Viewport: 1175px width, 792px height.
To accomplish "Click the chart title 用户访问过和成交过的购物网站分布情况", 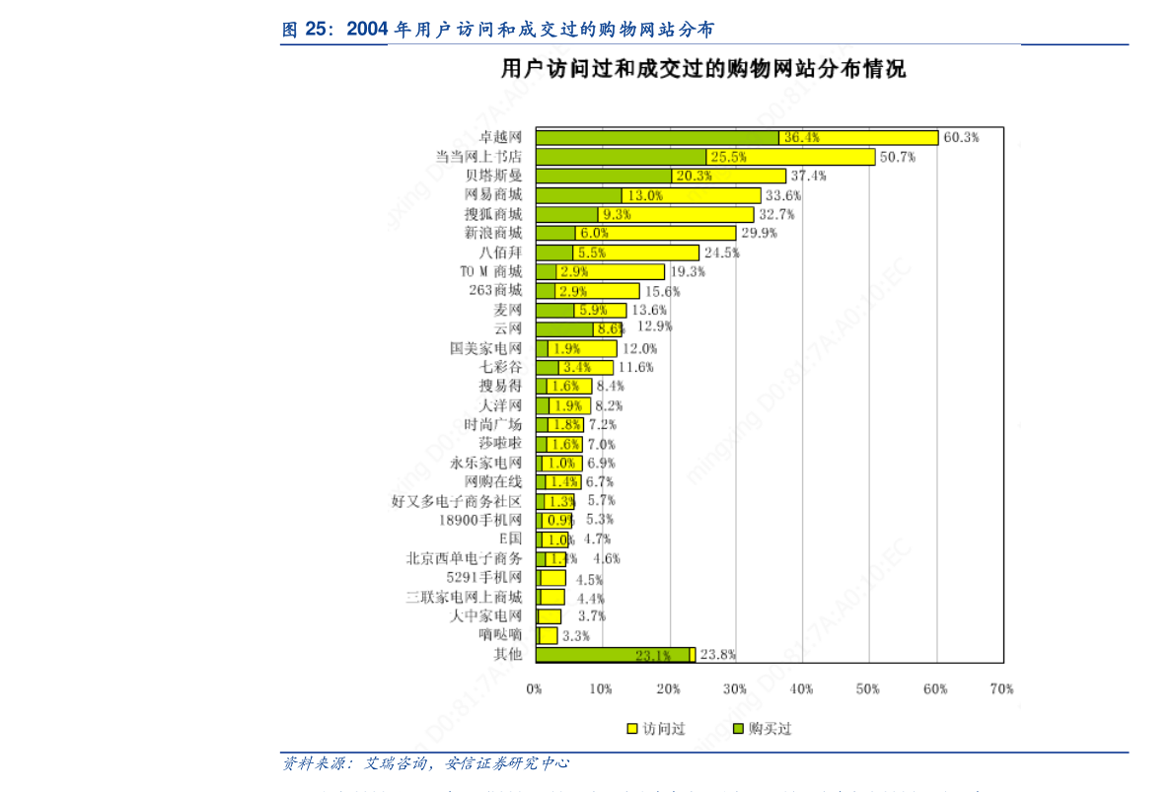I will (703, 70).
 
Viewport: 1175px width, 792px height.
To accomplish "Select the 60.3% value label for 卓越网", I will (961, 138).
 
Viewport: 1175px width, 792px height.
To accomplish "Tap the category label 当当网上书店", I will (478, 157).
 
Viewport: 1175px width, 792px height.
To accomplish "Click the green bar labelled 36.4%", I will (656, 138).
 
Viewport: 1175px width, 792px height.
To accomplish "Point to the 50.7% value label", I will (897, 157).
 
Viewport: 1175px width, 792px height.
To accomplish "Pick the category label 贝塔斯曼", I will (493, 176).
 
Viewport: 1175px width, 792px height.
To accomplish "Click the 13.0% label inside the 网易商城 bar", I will (645, 195).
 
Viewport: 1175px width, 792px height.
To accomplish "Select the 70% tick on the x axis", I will (1002, 688).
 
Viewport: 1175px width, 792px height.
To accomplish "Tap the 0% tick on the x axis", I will (534, 688).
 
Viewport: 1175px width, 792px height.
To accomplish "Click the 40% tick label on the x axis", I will (801, 688).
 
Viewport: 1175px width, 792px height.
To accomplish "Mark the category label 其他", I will (507, 654).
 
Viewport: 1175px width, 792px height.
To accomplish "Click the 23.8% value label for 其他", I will (717, 654).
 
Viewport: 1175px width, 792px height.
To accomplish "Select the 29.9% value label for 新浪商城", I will (759, 234).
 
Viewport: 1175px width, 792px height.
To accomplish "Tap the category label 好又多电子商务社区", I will (456, 501).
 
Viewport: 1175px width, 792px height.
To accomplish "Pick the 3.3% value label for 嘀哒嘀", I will (575, 635).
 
